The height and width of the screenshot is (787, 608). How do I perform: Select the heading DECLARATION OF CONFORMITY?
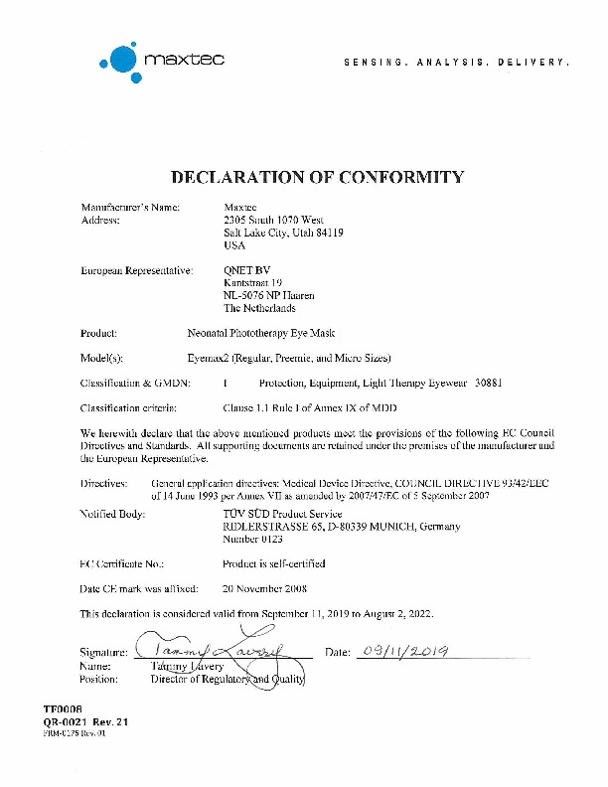point(318,178)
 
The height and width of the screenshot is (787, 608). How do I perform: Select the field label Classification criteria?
point(127,407)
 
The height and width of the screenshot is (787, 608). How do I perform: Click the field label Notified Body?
point(112,514)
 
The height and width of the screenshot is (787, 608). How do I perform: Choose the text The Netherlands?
point(259,308)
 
